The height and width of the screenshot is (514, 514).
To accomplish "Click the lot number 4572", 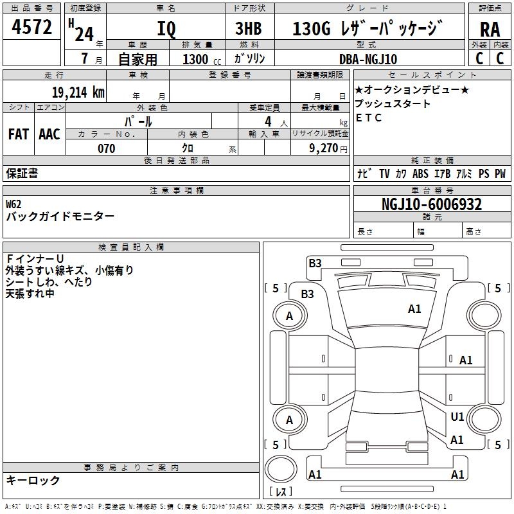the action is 32,28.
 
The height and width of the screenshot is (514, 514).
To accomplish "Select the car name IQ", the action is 166,30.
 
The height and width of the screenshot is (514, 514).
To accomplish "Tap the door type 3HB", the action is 248,29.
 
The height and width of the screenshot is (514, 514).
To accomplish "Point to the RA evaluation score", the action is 490,30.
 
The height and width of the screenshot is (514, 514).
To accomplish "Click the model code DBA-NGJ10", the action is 368,59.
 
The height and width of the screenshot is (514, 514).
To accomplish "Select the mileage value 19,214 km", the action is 78,92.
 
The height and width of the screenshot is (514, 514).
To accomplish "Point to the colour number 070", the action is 106,148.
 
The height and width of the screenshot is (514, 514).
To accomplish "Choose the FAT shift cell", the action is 18,134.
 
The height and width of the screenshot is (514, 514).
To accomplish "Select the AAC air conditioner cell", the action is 49,134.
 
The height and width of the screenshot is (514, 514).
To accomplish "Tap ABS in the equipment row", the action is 420,173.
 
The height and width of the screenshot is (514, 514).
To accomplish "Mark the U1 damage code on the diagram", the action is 457,417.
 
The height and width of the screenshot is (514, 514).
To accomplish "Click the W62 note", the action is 13,204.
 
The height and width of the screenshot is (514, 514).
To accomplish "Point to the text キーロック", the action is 33,480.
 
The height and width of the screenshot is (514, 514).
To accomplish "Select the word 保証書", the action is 22,173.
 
